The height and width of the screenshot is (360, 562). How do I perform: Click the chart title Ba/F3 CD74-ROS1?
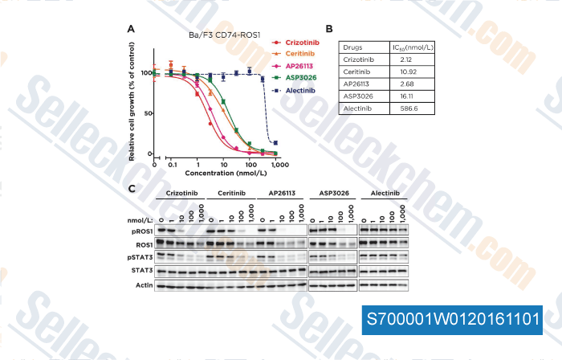tap(218, 36)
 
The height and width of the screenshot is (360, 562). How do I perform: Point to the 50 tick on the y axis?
tap(149, 113)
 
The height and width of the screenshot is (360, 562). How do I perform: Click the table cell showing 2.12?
tap(399, 59)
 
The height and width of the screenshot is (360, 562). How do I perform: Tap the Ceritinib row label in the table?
tap(357, 72)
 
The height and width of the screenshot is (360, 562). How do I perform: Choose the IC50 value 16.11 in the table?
tap(400, 95)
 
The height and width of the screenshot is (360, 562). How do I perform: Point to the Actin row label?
tap(144, 284)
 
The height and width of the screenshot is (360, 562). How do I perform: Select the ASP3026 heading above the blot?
tap(332, 194)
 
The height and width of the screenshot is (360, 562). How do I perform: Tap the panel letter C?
tap(131, 188)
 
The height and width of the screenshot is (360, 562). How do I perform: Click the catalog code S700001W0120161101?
tap(454, 318)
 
